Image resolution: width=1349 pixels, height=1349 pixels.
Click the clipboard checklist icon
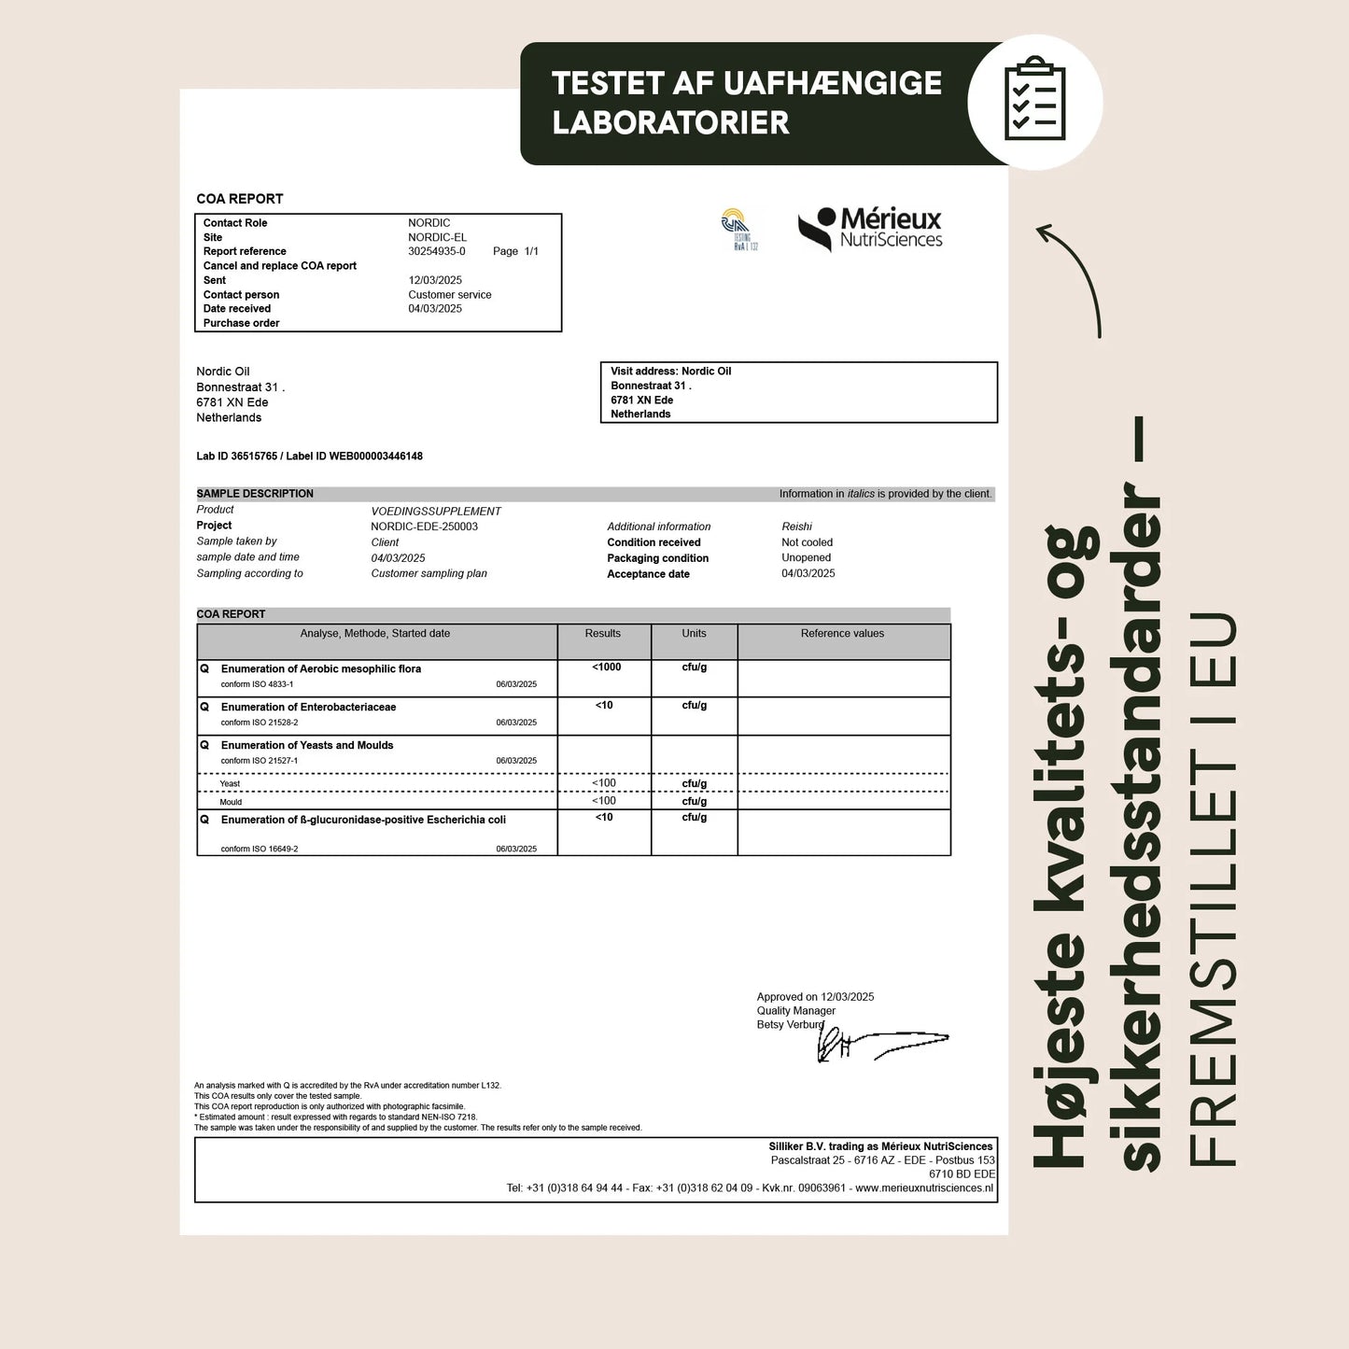click(1034, 100)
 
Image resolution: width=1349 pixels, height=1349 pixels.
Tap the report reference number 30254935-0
click(437, 251)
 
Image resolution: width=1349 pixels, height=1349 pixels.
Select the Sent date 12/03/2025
click(435, 280)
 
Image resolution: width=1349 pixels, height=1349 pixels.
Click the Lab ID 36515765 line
click(309, 457)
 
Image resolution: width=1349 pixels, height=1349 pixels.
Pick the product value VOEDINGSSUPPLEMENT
click(436, 512)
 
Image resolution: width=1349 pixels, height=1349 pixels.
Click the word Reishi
click(796, 527)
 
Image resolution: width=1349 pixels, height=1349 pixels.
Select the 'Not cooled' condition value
click(807, 542)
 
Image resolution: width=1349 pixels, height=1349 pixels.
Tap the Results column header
click(602, 634)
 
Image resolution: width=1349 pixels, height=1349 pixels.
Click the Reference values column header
click(842, 634)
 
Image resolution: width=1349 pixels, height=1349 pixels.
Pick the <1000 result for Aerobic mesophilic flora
click(606, 667)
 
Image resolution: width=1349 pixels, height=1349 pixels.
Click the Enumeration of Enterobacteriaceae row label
click(308, 708)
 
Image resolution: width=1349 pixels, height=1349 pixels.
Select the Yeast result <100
click(604, 783)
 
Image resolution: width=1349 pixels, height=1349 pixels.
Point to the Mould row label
click(231, 802)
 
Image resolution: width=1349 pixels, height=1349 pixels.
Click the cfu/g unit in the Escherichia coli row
click(694, 818)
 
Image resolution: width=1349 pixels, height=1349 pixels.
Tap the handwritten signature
click(878, 1044)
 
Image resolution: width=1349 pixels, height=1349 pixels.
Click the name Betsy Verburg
click(790, 1025)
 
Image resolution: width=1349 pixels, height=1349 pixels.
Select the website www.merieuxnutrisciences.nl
click(924, 1188)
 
